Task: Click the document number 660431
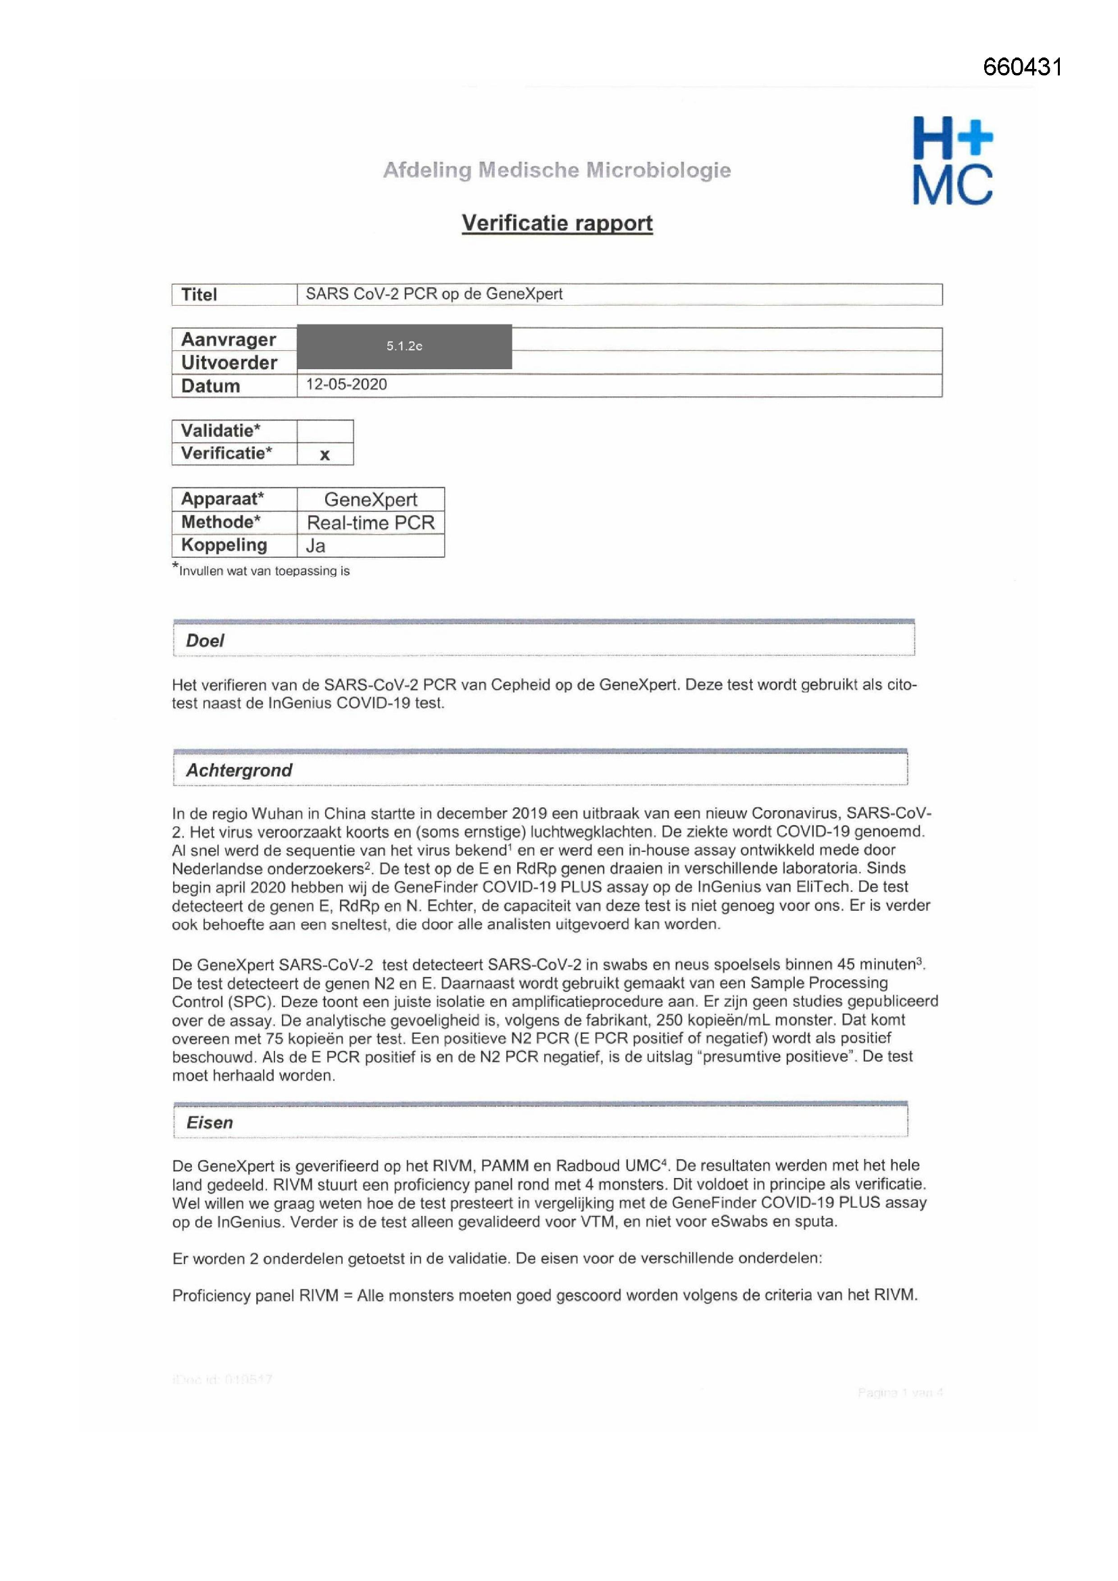[1021, 67]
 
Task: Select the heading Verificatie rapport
[557, 223]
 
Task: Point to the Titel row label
[199, 295]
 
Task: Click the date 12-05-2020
[346, 384]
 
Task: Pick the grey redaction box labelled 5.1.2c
[404, 346]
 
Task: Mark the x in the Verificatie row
[325, 454]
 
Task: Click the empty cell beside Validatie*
[325, 431]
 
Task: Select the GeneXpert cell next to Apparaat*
[370, 499]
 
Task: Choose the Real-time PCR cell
[370, 523]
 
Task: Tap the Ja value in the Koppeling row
[315, 546]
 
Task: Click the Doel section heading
[205, 640]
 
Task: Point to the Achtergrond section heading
[239, 770]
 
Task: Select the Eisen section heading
[210, 1123]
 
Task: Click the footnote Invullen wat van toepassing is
[264, 571]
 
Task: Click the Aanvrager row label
[228, 339]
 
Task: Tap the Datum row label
[210, 385]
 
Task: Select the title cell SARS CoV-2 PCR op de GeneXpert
[434, 294]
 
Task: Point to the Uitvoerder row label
[228, 362]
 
